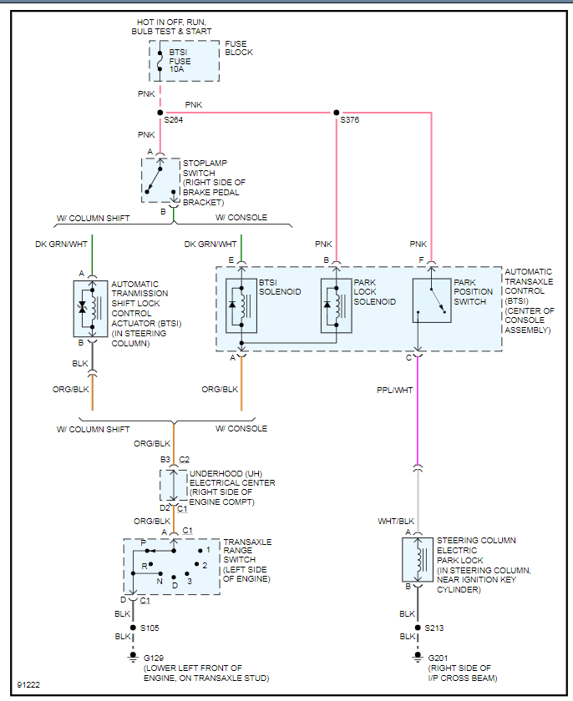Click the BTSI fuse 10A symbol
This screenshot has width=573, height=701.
tap(161, 61)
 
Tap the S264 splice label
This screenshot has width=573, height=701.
tap(174, 120)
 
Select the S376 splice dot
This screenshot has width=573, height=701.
tap(337, 113)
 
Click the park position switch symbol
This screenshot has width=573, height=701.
tap(432, 300)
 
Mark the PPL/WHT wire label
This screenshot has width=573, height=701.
tap(395, 389)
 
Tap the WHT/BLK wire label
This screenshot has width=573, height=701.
tap(396, 521)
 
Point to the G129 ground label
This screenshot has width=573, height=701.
tap(156, 658)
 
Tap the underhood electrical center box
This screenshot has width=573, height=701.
tap(173, 483)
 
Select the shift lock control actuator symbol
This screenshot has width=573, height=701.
tap(92, 308)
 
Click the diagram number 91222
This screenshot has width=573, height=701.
tap(28, 685)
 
